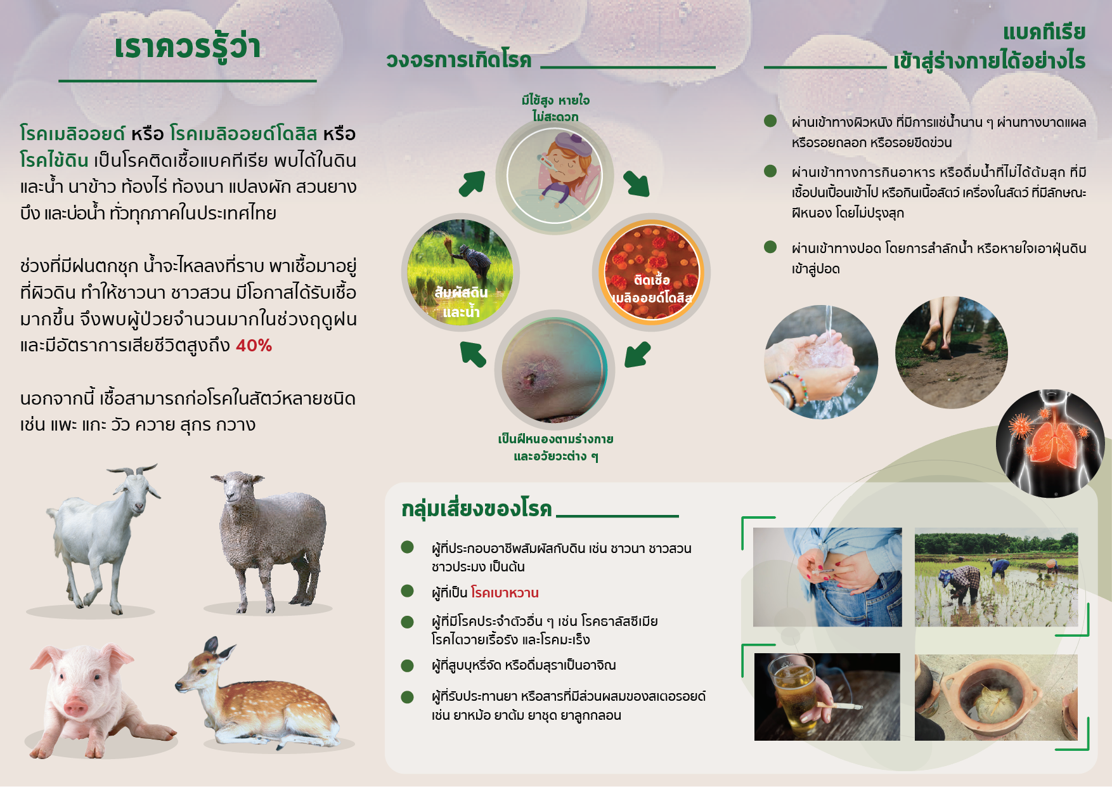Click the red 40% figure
pyautogui.click(x=254, y=346)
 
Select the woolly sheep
pyautogui.click(x=270, y=539)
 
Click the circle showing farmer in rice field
pyautogui.click(x=460, y=273)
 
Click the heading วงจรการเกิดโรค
pyautogui.click(x=459, y=60)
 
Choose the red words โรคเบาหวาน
pyautogui.click(x=505, y=592)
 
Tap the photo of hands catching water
pyautogui.click(x=822, y=362)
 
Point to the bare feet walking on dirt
pyautogui.click(x=952, y=353)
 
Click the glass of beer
pyautogui.click(x=792, y=694)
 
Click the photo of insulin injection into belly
pyautogui.click(x=827, y=577)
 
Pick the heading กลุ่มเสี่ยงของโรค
pyautogui.click(x=477, y=509)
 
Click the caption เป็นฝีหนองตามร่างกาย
pyautogui.click(x=555, y=439)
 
